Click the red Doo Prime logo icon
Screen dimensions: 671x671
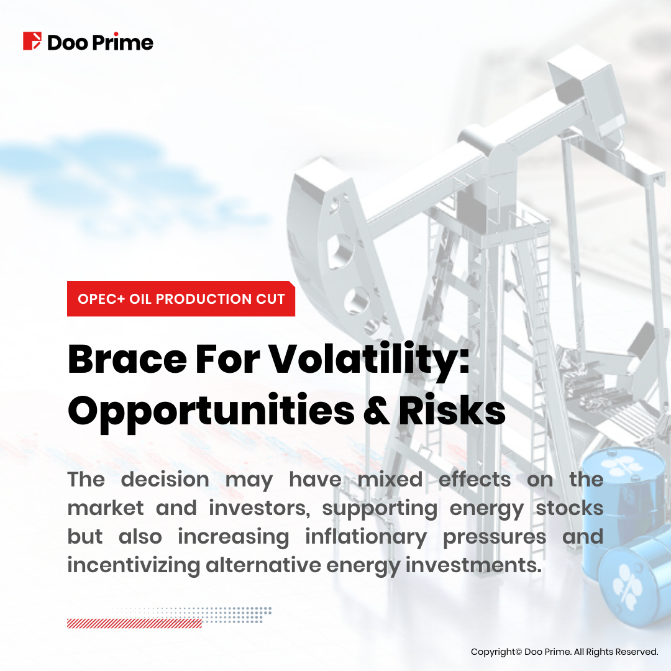click(x=32, y=41)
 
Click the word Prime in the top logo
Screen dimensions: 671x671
click(x=123, y=42)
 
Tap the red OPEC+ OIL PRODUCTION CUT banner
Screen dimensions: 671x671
click(x=181, y=299)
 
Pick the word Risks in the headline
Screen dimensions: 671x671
click(x=452, y=409)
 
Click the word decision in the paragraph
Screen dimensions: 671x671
click(x=165, y=479)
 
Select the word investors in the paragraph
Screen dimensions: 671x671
click(x=260, y=508)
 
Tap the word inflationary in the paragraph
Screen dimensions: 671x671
click(x=367, y=537)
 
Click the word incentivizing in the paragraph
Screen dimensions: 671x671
click(x=134, y=566)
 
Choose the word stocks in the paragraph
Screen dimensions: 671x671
click(x=570, y=508)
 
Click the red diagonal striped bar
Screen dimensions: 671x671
click(x=134, y=623)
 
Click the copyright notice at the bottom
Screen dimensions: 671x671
click(x=564, y=652)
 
